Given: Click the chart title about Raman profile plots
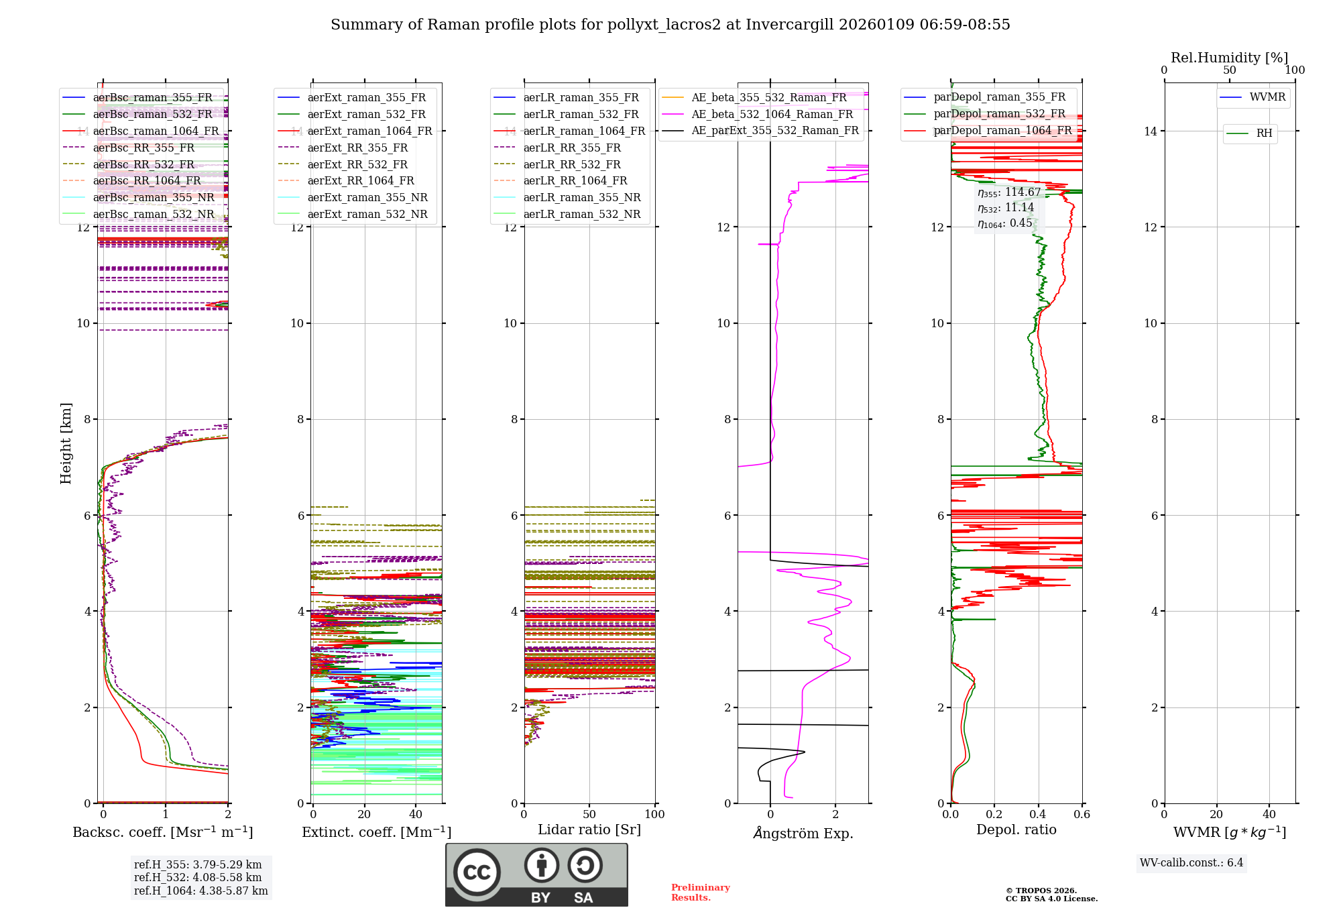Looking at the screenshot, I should (x=670, y=25).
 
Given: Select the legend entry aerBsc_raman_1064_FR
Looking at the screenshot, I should (x=156, y=131).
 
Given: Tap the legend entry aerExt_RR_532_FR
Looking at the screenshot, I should (x=357, y=164).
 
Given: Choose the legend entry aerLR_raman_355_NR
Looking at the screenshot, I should (x=581, y=197).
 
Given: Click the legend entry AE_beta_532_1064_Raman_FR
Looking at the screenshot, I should (x=772, y=114).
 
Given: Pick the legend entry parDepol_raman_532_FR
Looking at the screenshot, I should (x=999, y=113).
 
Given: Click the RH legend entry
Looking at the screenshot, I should (x=1264, y=133).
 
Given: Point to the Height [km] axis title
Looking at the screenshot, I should (x=66, y=443).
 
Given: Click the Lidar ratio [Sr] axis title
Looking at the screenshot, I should (x=589, y=830).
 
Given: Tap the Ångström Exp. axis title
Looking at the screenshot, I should (x=803, y=833).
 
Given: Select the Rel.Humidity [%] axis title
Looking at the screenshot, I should (x=1229, y=58).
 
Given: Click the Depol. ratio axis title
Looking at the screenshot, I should (x=1016, y=830).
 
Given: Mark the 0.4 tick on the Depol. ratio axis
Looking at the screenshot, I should (x=1038, y=814).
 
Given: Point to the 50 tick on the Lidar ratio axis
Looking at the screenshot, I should (x=589, y=814).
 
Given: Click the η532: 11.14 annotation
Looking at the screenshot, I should (x=1006, y=208).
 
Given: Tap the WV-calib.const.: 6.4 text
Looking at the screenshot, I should (x=1191, y=862).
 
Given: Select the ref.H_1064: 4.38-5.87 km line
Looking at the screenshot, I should (x=200, y=891).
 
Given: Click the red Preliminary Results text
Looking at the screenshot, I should (x=700, y=892).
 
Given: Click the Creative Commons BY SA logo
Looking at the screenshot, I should (x=536, y=874).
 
